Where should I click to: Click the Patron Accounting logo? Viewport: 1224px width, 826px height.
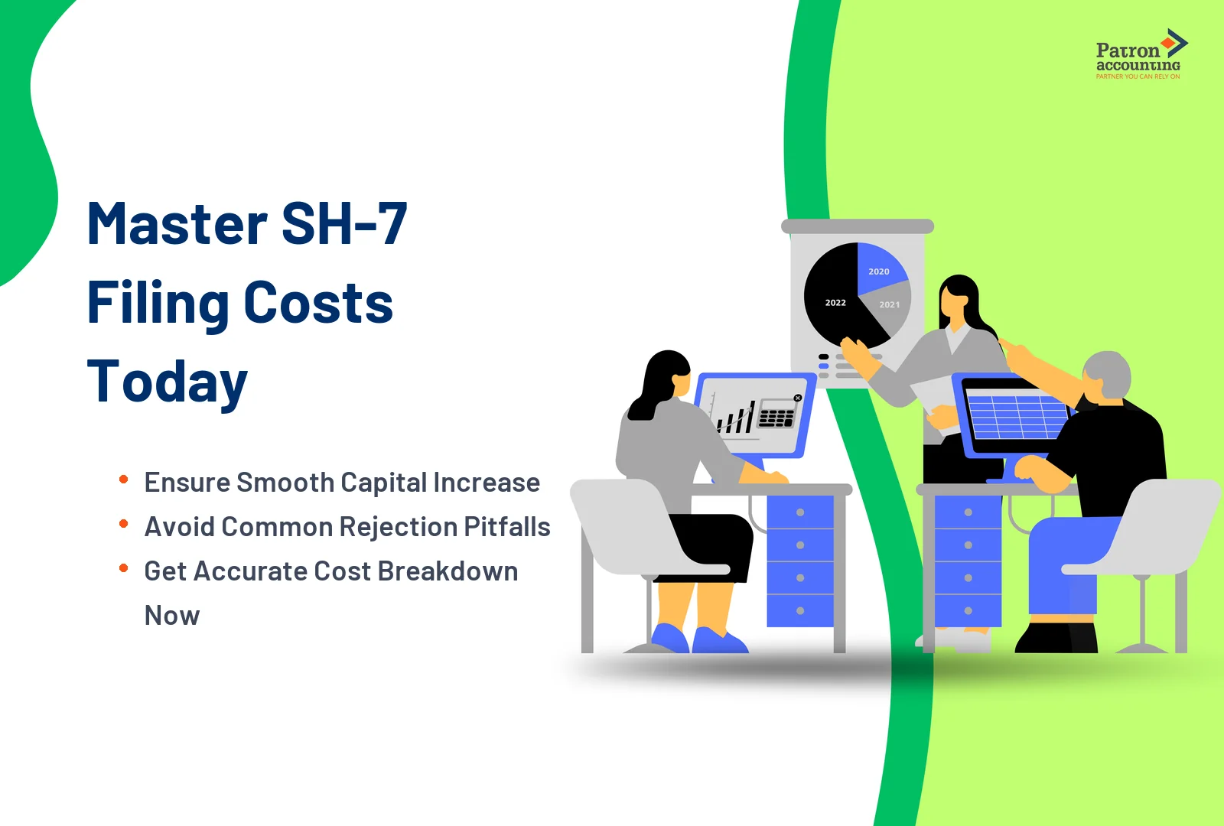[x=1139, y=54]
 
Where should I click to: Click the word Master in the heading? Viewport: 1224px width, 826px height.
[x=177, y=224]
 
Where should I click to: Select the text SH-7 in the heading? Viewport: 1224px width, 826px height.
[x=344, y=224]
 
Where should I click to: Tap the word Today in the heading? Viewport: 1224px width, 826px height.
[x=167, y=382]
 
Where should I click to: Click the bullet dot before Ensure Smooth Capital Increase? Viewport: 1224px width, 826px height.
[x=123, y=480]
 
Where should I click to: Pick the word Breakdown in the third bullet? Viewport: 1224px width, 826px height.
[x=448, y=571]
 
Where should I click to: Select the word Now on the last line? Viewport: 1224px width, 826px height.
[x=172, y=616]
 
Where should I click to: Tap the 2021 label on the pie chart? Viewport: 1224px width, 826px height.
[x=890, y=304]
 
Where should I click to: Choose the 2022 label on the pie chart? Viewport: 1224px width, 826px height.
[x=835, y=303]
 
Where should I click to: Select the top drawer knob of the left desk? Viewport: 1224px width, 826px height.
[x=800, y=512]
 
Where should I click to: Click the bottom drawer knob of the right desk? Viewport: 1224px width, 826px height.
[x=968, y=610]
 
